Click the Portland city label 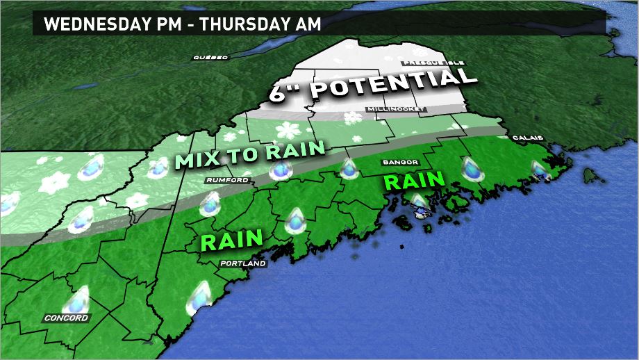click(x=242, y=264)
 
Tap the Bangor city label click(x=400, y=163)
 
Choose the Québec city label click(x=210, y=57)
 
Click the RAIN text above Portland click(x=231, y=240)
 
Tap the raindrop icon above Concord click(x=76, y=300)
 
